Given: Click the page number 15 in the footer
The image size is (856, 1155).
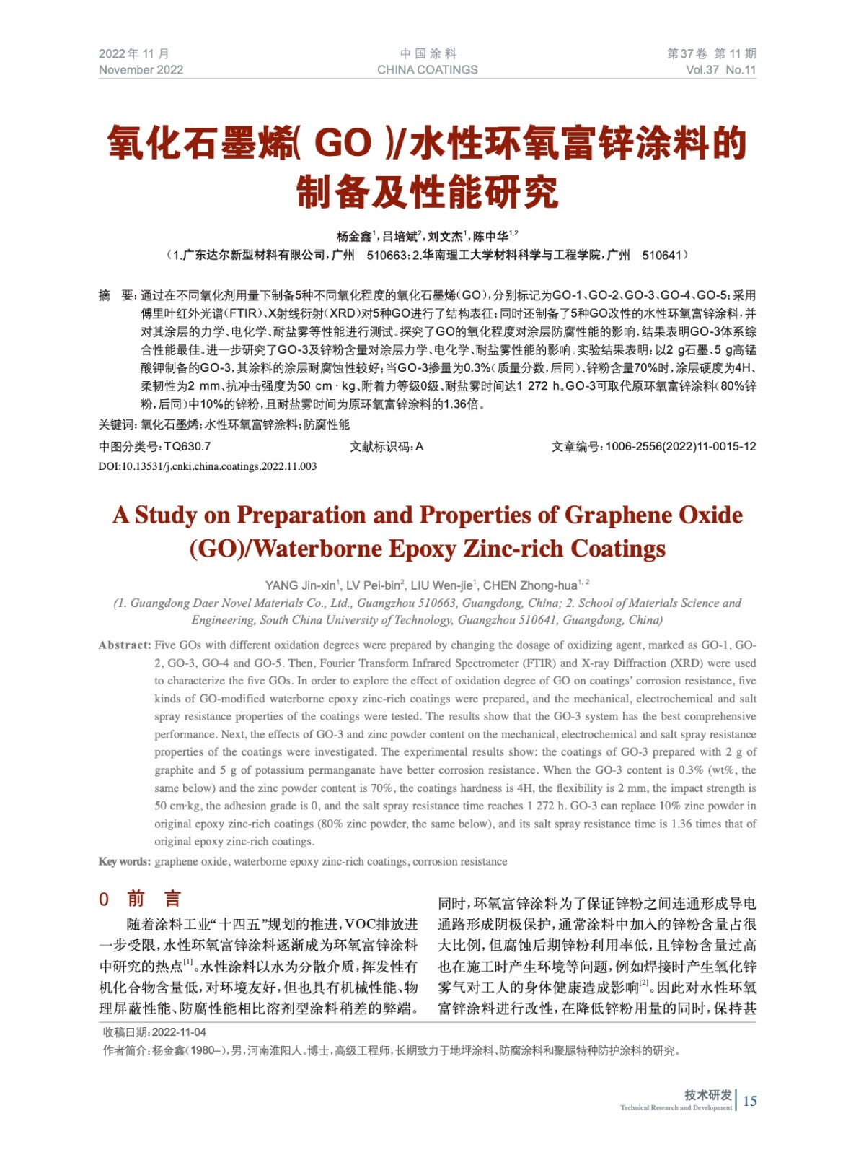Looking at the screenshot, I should pyautogui.click(x=750, y=1101).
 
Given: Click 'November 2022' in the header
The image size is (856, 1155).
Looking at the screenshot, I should pyautogui.click(x=141, y=70).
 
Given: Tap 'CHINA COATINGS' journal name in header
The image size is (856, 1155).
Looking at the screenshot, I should pyautogui.click(x=427, y=70).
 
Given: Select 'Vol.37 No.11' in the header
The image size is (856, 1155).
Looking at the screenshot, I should pyautogui.click(x=720, y=70).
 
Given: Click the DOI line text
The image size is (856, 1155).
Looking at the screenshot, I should pyautogui.click(x=208, y=466).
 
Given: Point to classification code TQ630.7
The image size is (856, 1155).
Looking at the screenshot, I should pyautogui.click(x=187, y=447).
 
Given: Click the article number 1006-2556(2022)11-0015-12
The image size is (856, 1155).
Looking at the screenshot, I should pyautogui.click(x=680, y=447).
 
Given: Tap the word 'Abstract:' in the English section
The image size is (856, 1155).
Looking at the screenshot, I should pyautogui.click(x=125, y=645).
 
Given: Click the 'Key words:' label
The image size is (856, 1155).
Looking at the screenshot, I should pyautogui.click(x=125, y=861).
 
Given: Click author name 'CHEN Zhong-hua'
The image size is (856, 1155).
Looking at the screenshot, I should pyautogui.click(x=530, y=585).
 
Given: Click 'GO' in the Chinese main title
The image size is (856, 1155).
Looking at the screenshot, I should pyautogui.click(x=343, y=142).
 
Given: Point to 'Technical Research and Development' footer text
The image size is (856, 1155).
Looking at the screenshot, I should pyautogui.click(x=676, y=1107).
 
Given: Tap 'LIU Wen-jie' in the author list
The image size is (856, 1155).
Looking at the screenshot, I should pyautogui.click(x=441, y=585).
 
